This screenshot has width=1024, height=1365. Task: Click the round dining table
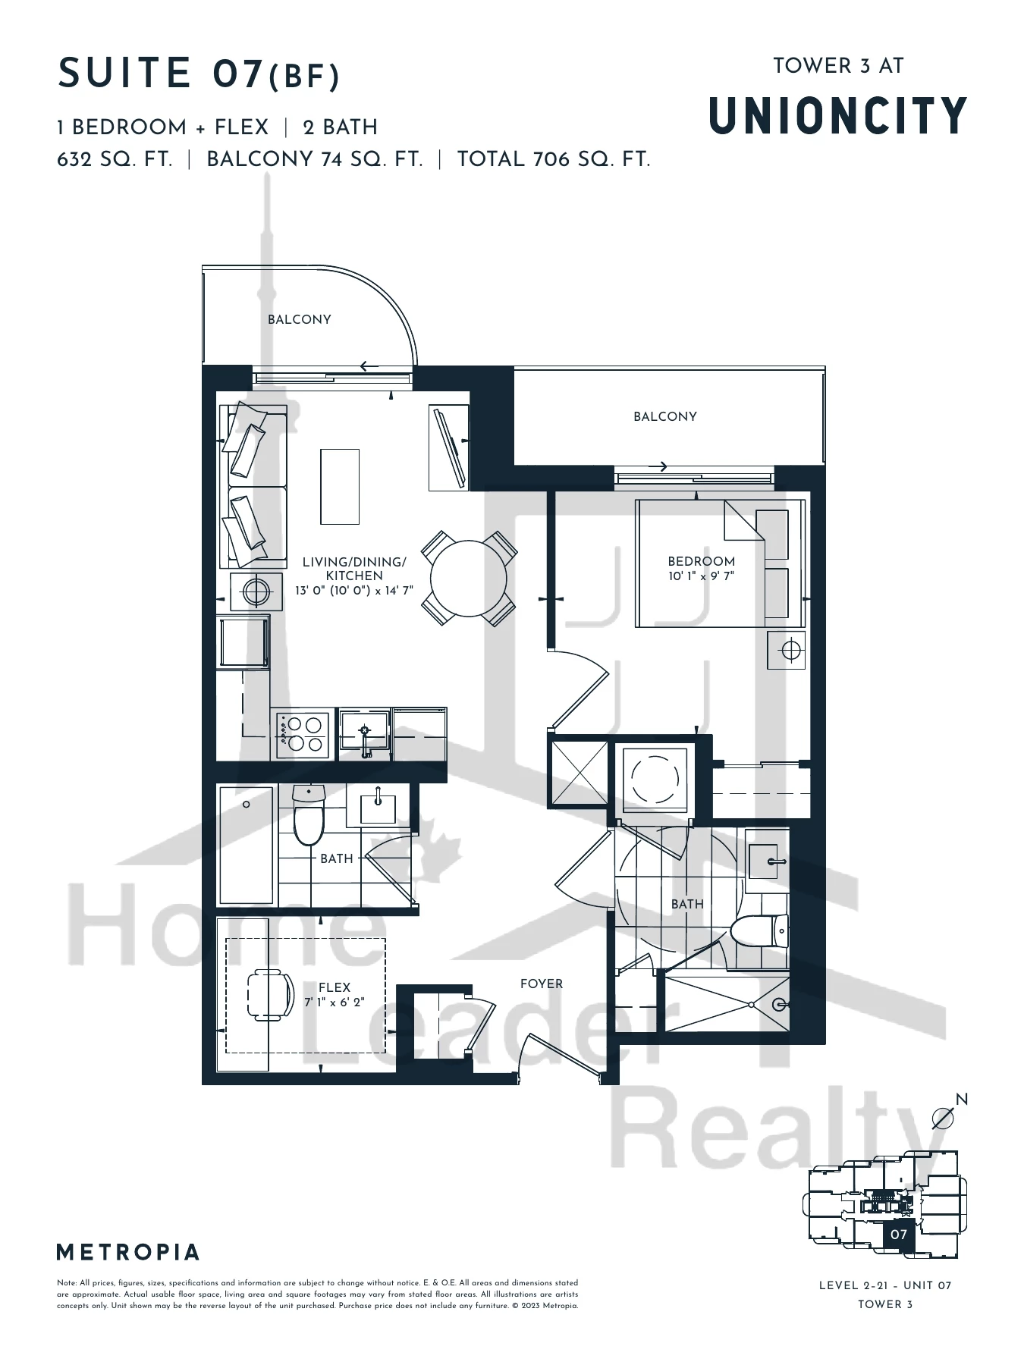[468, 579]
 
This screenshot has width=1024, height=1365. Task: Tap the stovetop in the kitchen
[303, 734]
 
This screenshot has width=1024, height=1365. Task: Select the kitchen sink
[364, 733]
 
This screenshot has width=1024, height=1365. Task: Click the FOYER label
[542, 984]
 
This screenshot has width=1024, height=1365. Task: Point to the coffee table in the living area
[340, 486]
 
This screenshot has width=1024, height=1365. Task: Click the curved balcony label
[300, 319]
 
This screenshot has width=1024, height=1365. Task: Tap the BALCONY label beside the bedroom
[665, 416]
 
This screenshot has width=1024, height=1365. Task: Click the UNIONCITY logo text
[838, 116]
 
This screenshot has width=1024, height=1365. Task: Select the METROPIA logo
[128, 1252]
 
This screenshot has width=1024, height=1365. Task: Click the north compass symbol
[944, 1116]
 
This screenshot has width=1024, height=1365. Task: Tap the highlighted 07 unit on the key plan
[899, 1235]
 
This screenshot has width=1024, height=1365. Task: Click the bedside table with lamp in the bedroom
[787, 650]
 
